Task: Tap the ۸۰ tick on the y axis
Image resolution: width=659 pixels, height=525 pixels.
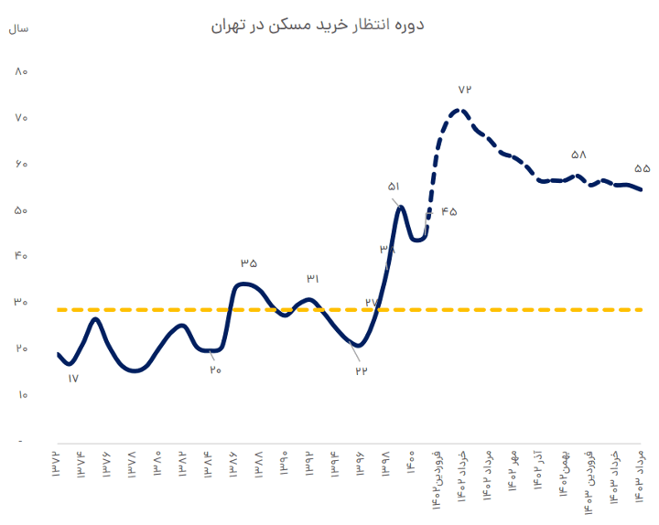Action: click(23, 72)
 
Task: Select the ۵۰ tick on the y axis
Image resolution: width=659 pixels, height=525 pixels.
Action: click(23, 210)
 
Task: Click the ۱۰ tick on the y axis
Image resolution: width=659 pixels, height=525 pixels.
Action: click(23, 395)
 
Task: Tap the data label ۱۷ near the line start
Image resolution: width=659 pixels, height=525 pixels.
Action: click(73, 378)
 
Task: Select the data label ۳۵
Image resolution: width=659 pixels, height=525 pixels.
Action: click(249, 263)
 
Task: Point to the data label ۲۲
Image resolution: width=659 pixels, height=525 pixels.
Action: click(361, 370)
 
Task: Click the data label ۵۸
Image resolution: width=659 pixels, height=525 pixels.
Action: click(578, 155)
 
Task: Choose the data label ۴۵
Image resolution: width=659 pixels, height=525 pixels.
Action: click(448, 212)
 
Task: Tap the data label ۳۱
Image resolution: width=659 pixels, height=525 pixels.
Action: click(313, 278)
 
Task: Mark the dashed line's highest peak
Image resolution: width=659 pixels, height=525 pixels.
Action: click(459, 112)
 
